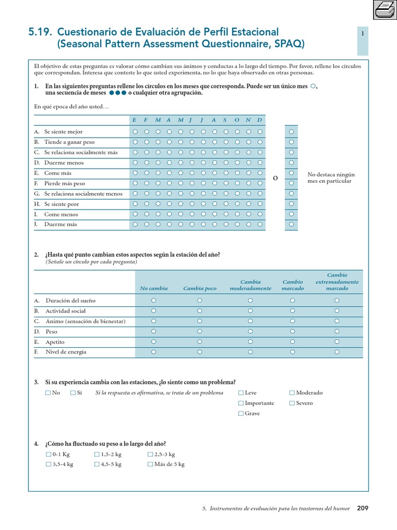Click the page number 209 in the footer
[x=362, y=508]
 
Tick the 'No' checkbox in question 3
[x=48, y=393]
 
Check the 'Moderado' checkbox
[x=292, y=393]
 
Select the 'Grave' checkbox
[x=241, y=414]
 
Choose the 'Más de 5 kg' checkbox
[x=150, y=464]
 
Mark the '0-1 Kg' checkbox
[x=48, y=454]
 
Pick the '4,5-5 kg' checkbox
[x=97, y=464]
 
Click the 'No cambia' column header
[x=154, y=288]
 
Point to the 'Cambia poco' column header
[x=200, y=288]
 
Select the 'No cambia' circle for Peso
[x=154, y=331]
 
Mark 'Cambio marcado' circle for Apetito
[x=293, y=342]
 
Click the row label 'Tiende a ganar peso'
[x=69, y=142]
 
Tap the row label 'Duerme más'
[x=60, y=225]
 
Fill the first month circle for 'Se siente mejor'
[x=135, y=131]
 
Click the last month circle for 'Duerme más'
[x=259, y=225]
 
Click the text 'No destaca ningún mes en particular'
[x=331, y=178]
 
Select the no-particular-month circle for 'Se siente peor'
[x=292, y=204]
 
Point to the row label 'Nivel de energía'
[x=66, y=352]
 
